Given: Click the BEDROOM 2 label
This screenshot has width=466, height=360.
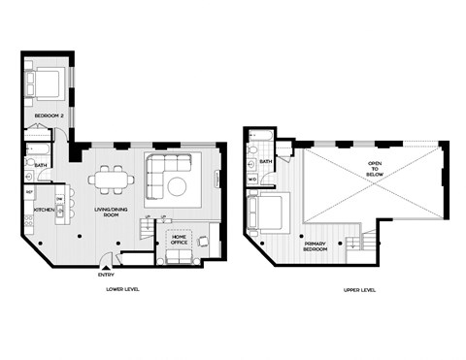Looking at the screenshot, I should coord(48,115).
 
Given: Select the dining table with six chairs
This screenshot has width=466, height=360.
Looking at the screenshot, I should coord(110,179).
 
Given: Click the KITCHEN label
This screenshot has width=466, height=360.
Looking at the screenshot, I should coord(43,210).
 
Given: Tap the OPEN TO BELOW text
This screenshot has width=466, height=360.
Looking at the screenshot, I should coord(375,169).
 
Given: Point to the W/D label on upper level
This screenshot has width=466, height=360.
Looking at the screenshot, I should coord(251,180).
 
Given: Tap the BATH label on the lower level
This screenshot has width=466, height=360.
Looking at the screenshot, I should coord(41,165).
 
